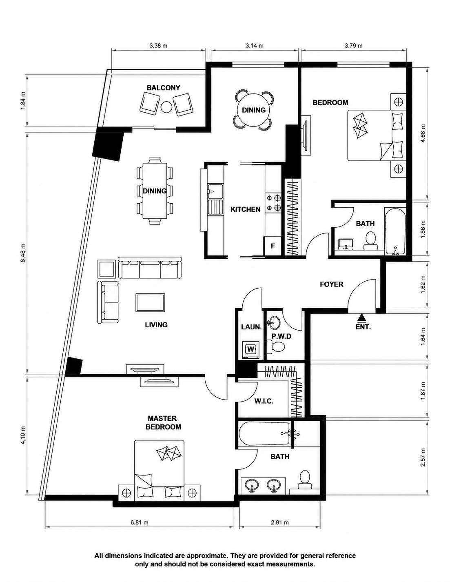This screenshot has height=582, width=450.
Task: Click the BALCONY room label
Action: pos(163,88)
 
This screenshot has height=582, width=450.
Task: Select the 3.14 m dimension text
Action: pos(254,46)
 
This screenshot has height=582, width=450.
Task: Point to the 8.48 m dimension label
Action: pos(23,253)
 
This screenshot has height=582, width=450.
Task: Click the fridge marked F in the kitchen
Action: pos(273,245)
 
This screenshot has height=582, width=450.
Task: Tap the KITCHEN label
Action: pos(245,209)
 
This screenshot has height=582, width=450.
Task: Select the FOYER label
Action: pos(332,284)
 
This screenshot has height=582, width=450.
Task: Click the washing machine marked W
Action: pos(250,349)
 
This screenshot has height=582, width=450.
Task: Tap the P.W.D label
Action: pos(282,336)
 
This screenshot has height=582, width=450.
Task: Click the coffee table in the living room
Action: pos(150,303)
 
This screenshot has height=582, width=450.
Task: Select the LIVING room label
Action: pos(156,325)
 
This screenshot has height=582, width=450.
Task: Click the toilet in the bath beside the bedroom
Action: pos(370,240)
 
